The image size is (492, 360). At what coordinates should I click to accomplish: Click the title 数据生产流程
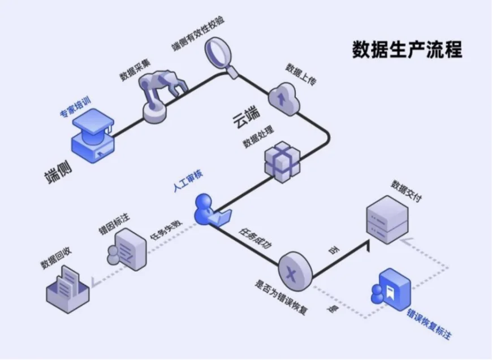click(407, 49)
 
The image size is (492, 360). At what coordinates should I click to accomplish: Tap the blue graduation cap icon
click(93, 136)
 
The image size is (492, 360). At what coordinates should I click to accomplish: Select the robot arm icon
click(162, 96)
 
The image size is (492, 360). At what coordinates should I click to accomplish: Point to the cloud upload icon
click(284, 99)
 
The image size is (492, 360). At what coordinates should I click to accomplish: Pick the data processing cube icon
click(282, 162)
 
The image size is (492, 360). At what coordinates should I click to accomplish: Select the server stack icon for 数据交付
click(387, 220)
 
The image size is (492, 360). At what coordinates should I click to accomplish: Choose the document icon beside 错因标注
click(127, 249)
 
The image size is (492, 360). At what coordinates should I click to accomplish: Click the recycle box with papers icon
click(67, 289)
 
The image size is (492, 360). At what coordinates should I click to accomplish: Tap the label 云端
click(246, 118)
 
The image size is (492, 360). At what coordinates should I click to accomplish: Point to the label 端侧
click(58, 172)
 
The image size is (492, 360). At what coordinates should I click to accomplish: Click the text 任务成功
click(255, 238)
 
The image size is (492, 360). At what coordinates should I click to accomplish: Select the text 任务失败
click(166, 230)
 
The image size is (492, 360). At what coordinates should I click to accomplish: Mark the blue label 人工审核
click(188, 181)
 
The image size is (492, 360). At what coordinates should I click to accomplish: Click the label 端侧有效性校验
click(198, 33)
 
